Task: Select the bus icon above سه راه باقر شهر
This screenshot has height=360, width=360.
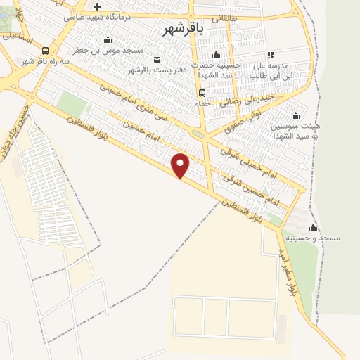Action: [46, 51]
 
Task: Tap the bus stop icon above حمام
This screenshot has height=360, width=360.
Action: [202, 94]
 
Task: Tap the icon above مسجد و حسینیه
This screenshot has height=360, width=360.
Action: [314, 227]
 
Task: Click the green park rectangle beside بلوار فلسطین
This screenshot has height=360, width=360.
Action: [70, 105]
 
